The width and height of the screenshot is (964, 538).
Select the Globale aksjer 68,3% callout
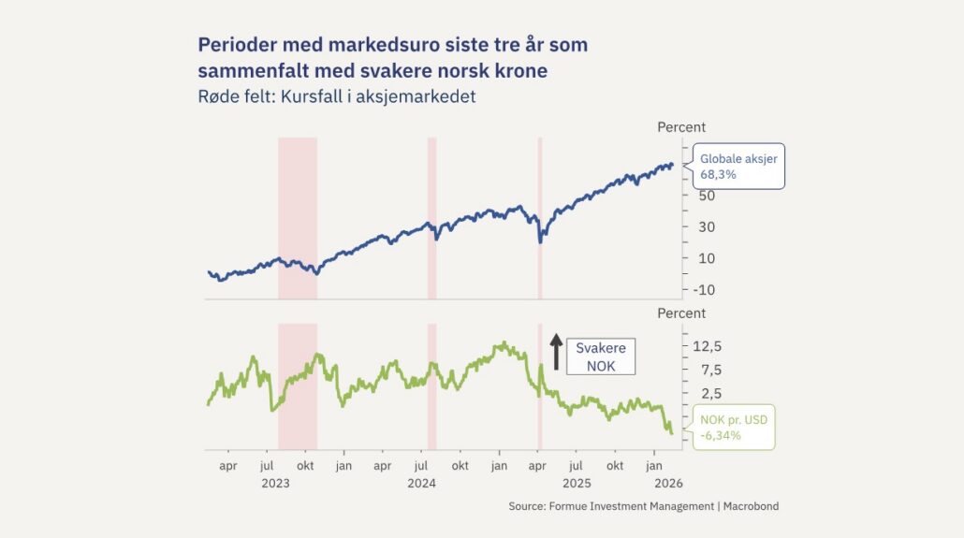(x=738, y=167)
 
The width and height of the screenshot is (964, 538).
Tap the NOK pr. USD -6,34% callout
(x=733, y=428)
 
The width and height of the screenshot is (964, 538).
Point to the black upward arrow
(x=555, y=353)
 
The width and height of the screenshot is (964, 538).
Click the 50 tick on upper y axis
(x=707, y=196)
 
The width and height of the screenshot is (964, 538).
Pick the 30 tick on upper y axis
(x=707, y=226)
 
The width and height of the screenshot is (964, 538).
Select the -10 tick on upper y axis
(x=703, y=290)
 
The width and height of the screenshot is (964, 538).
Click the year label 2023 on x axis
(x=275, y=484)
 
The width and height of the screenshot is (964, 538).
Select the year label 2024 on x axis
(x=421, y=484)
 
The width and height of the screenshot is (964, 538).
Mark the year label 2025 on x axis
(x=576, y=484)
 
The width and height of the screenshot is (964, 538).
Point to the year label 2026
(x=668, y=484)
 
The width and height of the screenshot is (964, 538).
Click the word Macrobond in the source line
(x=746, y=506)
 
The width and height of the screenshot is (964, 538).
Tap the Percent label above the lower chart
(x=681, y=313)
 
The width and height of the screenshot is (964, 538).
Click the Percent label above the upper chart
(x=681, y=127)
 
